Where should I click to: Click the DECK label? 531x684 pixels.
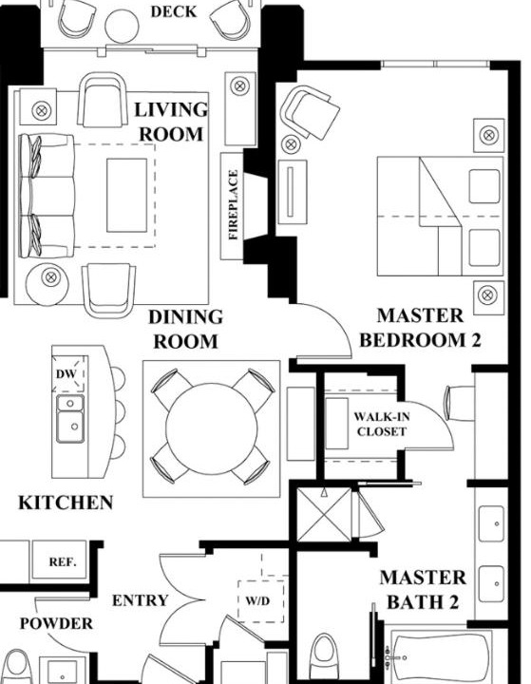pyautogui.click(x=173, y=11)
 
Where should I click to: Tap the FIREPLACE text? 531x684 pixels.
pyautogui.click(x=234, y=204)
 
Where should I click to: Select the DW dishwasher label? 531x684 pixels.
pyautogui.click(x=66, y=374)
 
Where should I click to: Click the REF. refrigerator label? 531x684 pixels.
pyautogui.click(x=63, y=561)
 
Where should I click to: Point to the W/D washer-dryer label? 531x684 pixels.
pyautogui.click(x=257, y=600)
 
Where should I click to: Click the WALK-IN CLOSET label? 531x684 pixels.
pyautogui.click(x=382, y=424)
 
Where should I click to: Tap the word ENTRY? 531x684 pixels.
pyautogui.click(x=140, y=600)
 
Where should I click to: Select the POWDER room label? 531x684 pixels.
pyautogui.click(x=56, y=623)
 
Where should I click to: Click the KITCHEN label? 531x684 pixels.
pyautogui.click(x=66, y=503)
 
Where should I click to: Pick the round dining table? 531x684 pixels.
pyautogui.click(x=212, y=428)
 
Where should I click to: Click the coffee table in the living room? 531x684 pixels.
pyautogui.click(x=126, y=195)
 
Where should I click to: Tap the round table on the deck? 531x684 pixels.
pyautogui.click(x=122, y=26)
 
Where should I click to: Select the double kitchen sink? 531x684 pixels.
pyautogui.click(x=70, y=419)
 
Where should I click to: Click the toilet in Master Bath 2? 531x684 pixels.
pyautogui.click(x=324, y=655)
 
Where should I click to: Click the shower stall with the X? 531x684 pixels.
pyautogui.click(x=324, y=515)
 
